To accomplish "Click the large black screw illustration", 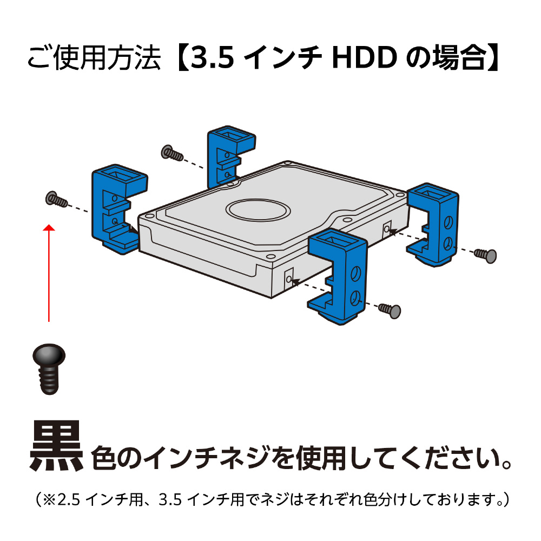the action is tap(49, 368).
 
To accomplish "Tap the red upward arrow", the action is tap(49, 273).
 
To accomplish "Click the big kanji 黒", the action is tap(56, 446).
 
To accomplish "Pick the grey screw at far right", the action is tap(485, 255).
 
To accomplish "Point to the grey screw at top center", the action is tap(172, 153).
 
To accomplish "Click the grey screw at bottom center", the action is tap(390, 310).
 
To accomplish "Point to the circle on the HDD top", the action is tap(258, 210).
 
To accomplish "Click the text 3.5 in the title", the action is tap(213, 58).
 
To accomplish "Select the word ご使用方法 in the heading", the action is tap(94, 58).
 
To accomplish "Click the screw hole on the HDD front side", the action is tap(289, 279).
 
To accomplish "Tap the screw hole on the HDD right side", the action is tap(387, 229).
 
